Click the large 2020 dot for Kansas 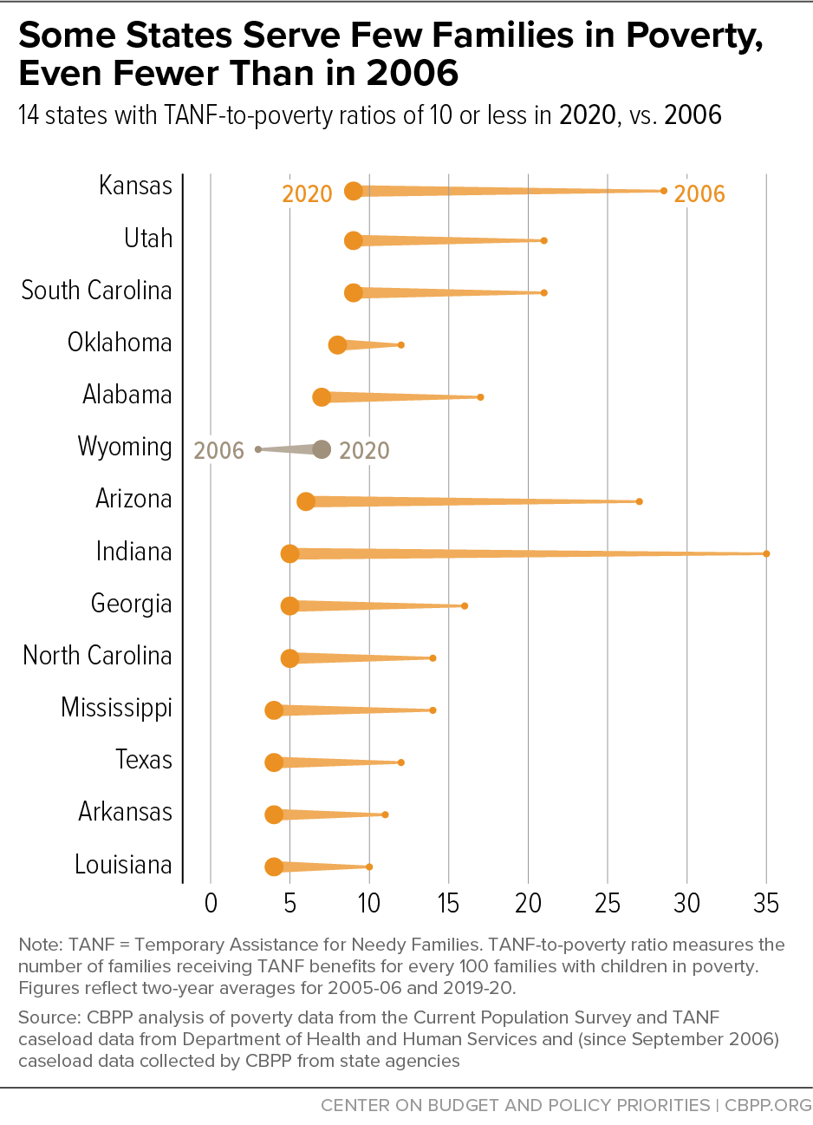click(x=354, y=191)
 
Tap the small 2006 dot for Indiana click(x=766, y=553)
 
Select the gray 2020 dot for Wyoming click(x=322, y=449)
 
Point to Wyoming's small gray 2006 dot click(x=258, y=449)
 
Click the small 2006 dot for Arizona click(x=640, y=501)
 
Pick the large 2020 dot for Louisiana click(x=274, y=867)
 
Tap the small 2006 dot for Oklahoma click(x=401, y=345)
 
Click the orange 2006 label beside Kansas click(x=699, y=194)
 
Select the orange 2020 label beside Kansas click(x=307, y=194)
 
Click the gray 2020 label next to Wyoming click(x=364, y=450)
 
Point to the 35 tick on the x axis click(x=766, y=904)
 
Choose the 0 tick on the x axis click(x=211, y=904)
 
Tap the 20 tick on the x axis click(x=528, y=904)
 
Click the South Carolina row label click(x=96, y=291)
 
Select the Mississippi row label click(x=116, y=709)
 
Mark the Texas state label click(x=144, y=759)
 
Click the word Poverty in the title click(x=694, y=36)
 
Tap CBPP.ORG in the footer click(x=768, y=1105)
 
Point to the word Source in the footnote click(x=49, y=1017)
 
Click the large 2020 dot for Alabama click(x=322, y=396)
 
